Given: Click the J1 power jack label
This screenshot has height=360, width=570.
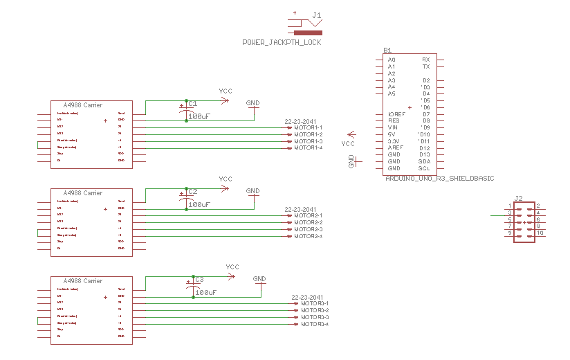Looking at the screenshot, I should click(317, 15).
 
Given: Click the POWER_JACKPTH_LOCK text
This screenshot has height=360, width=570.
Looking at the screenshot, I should click(282, 43).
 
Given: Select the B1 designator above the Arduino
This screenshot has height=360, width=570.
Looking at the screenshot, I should click(387, 51).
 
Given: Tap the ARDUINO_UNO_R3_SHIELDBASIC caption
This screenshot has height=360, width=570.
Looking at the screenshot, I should click(439, 179).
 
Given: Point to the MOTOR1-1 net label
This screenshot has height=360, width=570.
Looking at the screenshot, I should click(308, 127).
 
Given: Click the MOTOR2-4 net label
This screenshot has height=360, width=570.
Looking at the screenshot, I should click(308, 236).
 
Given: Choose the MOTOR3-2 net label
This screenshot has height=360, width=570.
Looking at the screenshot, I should click(315, 310).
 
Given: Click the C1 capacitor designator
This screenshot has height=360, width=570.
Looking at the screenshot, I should click(192, 103).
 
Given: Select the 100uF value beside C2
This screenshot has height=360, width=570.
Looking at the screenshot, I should click(199, 205).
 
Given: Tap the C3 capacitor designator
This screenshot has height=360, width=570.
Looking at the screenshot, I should click(199, 279).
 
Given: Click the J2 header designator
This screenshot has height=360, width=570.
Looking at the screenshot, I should click(518, 197).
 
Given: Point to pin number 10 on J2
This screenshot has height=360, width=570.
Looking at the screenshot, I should click(540, 233).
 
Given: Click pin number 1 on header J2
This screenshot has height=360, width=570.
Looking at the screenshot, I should click(510, 206).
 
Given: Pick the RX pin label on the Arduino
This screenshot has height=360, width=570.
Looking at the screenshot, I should click(425, 60).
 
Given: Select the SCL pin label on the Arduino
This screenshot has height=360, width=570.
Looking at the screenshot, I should click(424, 168).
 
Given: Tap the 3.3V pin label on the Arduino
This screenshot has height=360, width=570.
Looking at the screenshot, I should click(394, 141).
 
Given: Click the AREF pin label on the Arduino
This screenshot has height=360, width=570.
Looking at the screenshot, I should click(395, 148).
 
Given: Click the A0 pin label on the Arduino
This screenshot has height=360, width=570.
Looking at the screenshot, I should click(392, 60).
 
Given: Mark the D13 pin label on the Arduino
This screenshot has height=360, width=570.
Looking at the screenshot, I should click(424, 154).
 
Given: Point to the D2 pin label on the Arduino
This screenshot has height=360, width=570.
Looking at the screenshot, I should click(426, 80).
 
